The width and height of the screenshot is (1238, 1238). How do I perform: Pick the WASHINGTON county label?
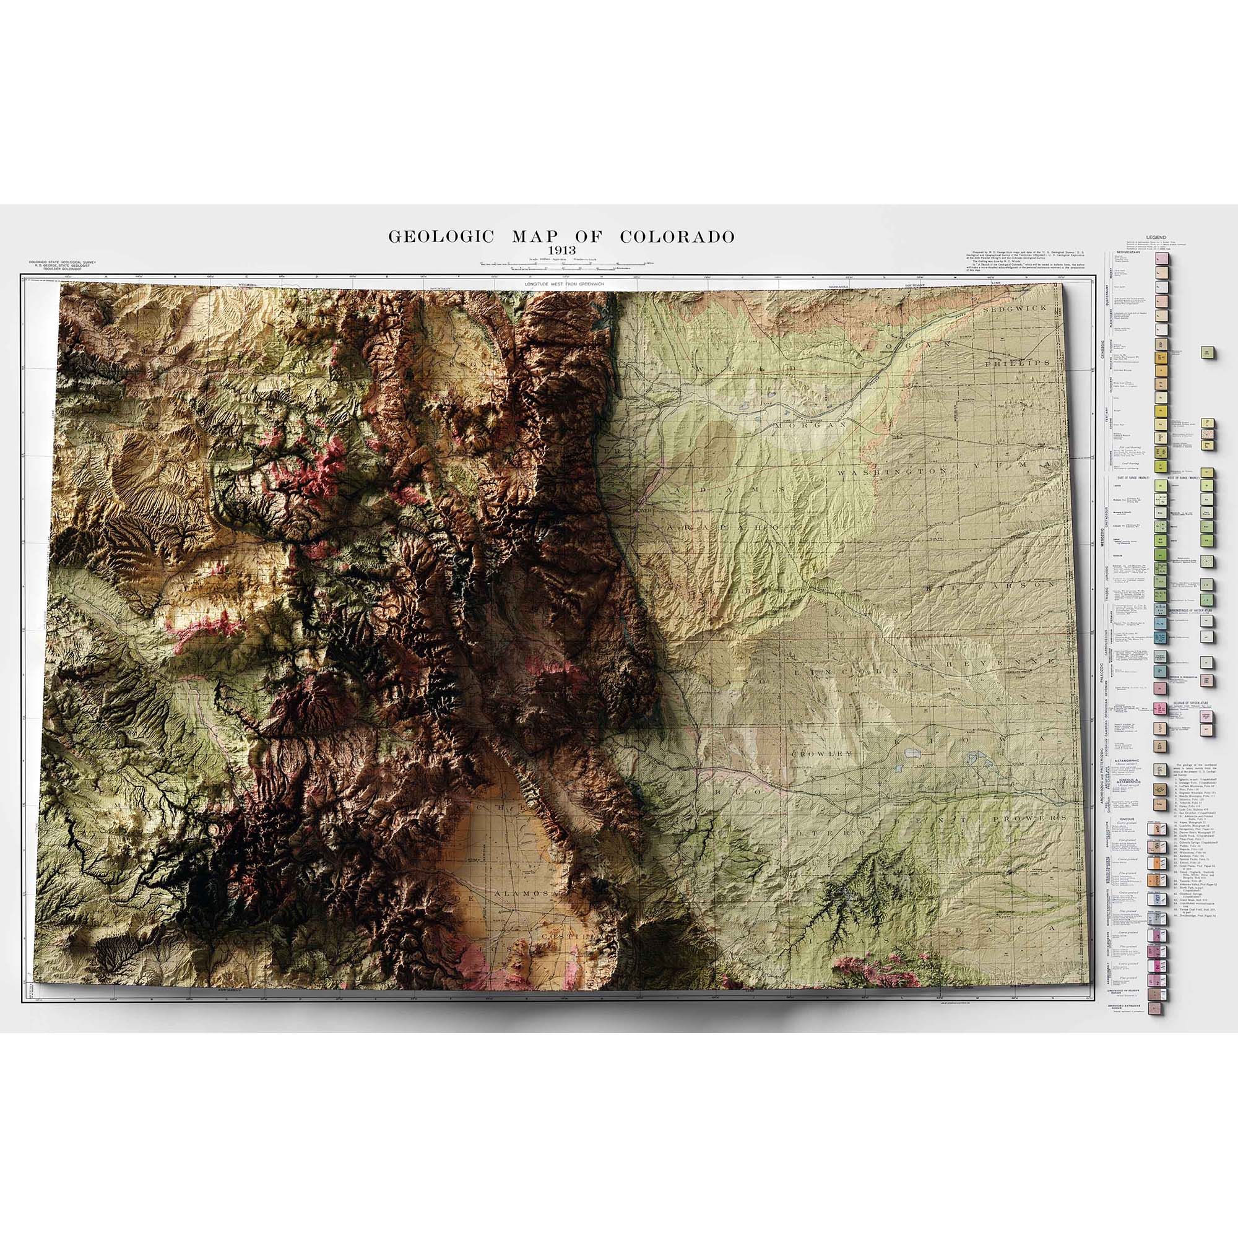[x=903, y=471]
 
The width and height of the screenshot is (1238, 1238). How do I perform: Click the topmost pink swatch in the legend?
[x=1159, y=258]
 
